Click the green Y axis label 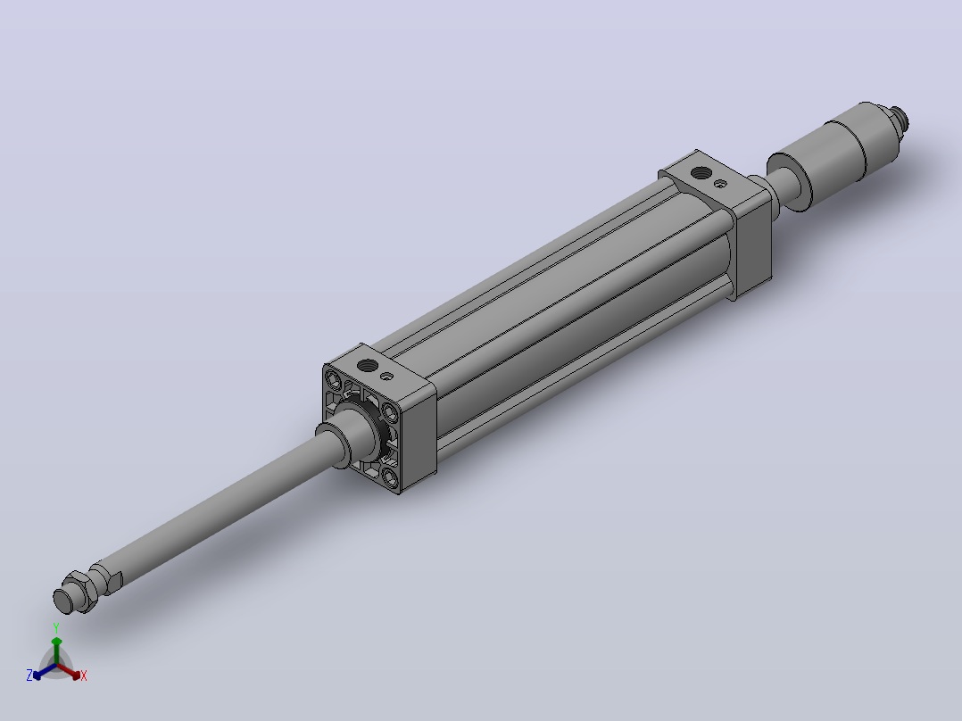(56, 627)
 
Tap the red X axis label (84, 675)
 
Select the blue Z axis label (29, 675)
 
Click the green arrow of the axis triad (56, 650)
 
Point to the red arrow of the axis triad (70, 671)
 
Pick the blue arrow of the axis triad (45, 671)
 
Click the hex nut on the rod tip (79, 591)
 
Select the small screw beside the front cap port (386, 377)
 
